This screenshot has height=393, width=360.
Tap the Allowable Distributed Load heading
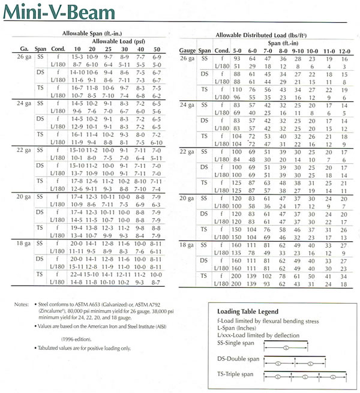(x=259, y=36)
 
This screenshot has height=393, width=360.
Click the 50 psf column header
(x=157, y=49)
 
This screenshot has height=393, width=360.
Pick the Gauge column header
(x=188, y=52)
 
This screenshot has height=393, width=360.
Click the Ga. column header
(x=25, y=49)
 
